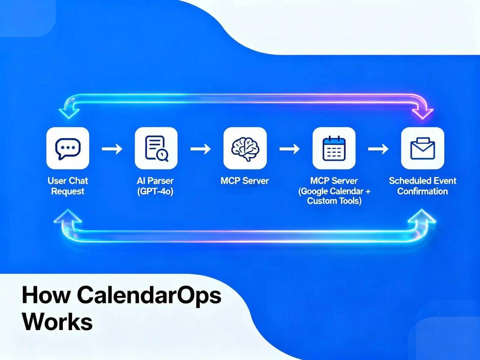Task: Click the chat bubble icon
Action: [67, 148]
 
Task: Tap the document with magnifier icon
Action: [156, 148]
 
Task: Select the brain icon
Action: [245, 148]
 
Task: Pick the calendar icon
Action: [334, 148]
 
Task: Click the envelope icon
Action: [423, 148]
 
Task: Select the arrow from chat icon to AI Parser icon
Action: [112, 149]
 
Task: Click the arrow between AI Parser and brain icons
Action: [200, 149]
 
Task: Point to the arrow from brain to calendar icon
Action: [289, 149]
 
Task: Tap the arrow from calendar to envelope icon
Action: [378, 149]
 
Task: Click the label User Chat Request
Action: [67, 186]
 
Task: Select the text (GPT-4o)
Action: [155, 191]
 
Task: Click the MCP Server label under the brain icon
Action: [244, 181]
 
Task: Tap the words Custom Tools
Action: [334, 201]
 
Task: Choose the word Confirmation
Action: [423, 191]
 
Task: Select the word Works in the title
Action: [57, 321]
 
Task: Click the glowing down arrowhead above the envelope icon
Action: [422, 112]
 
